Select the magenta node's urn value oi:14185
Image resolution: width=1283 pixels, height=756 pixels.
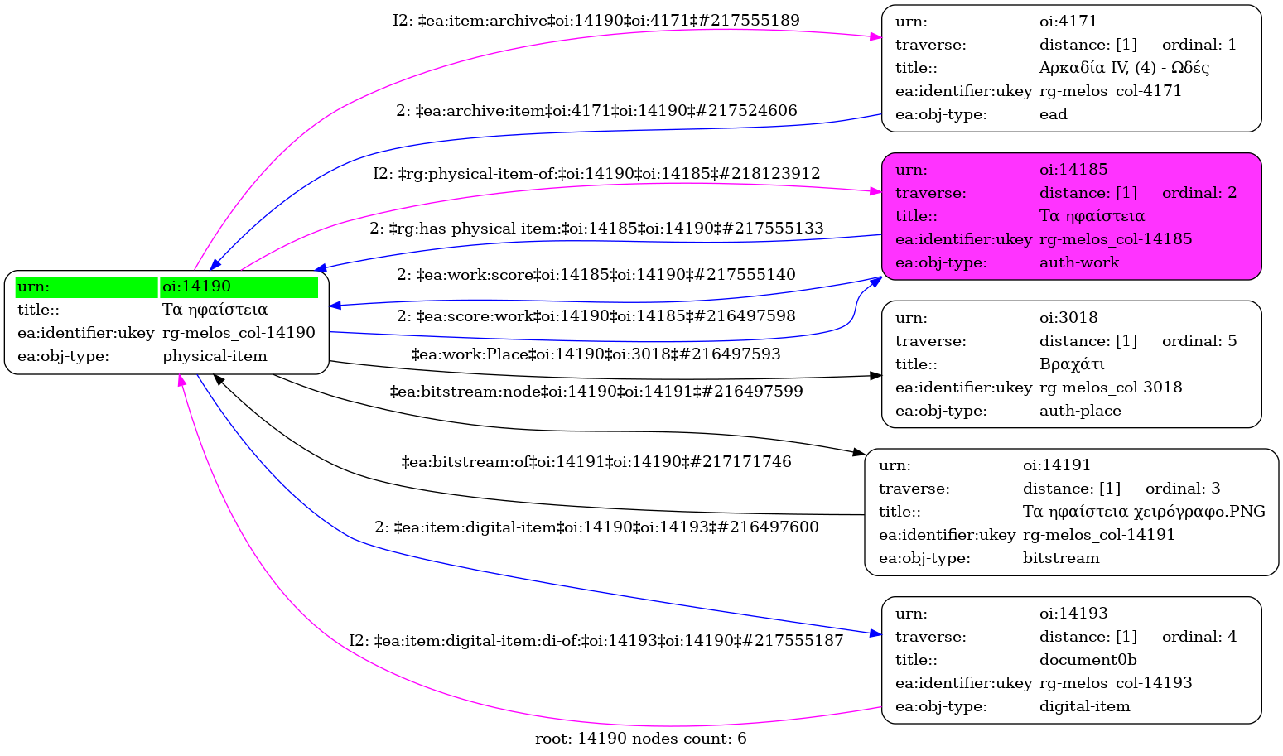tap(1073, 170)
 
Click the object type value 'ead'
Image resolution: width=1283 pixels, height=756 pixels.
tap(1053, 114)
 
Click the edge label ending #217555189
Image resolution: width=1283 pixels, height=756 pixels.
tap(596, 21)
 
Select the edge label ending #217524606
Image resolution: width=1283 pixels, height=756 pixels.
tap(596, 111)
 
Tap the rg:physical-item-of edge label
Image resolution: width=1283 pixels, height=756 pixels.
tap(596, 174)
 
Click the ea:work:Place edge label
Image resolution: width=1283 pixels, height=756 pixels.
tap(596, 354)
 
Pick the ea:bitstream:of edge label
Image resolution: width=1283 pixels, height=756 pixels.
tap(596, 462)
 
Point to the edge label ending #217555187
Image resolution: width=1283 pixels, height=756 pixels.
tap(596, 641)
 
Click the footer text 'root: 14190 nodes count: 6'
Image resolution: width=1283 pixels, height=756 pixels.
tap(640, 739)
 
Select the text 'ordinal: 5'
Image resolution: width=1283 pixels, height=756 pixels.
tap(1199, 341)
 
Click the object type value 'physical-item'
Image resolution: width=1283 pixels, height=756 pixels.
tap(215, 356)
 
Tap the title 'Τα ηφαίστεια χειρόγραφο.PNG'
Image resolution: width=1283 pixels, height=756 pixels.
tap(1144, 512)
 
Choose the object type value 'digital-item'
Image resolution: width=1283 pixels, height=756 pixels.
tap(1084, 706)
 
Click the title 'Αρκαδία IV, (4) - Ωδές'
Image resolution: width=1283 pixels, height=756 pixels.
tap(1124, 68)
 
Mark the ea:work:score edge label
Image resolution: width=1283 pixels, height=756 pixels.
tap(596, 275)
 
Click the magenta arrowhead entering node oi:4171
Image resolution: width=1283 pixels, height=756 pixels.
tap(875, 37)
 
